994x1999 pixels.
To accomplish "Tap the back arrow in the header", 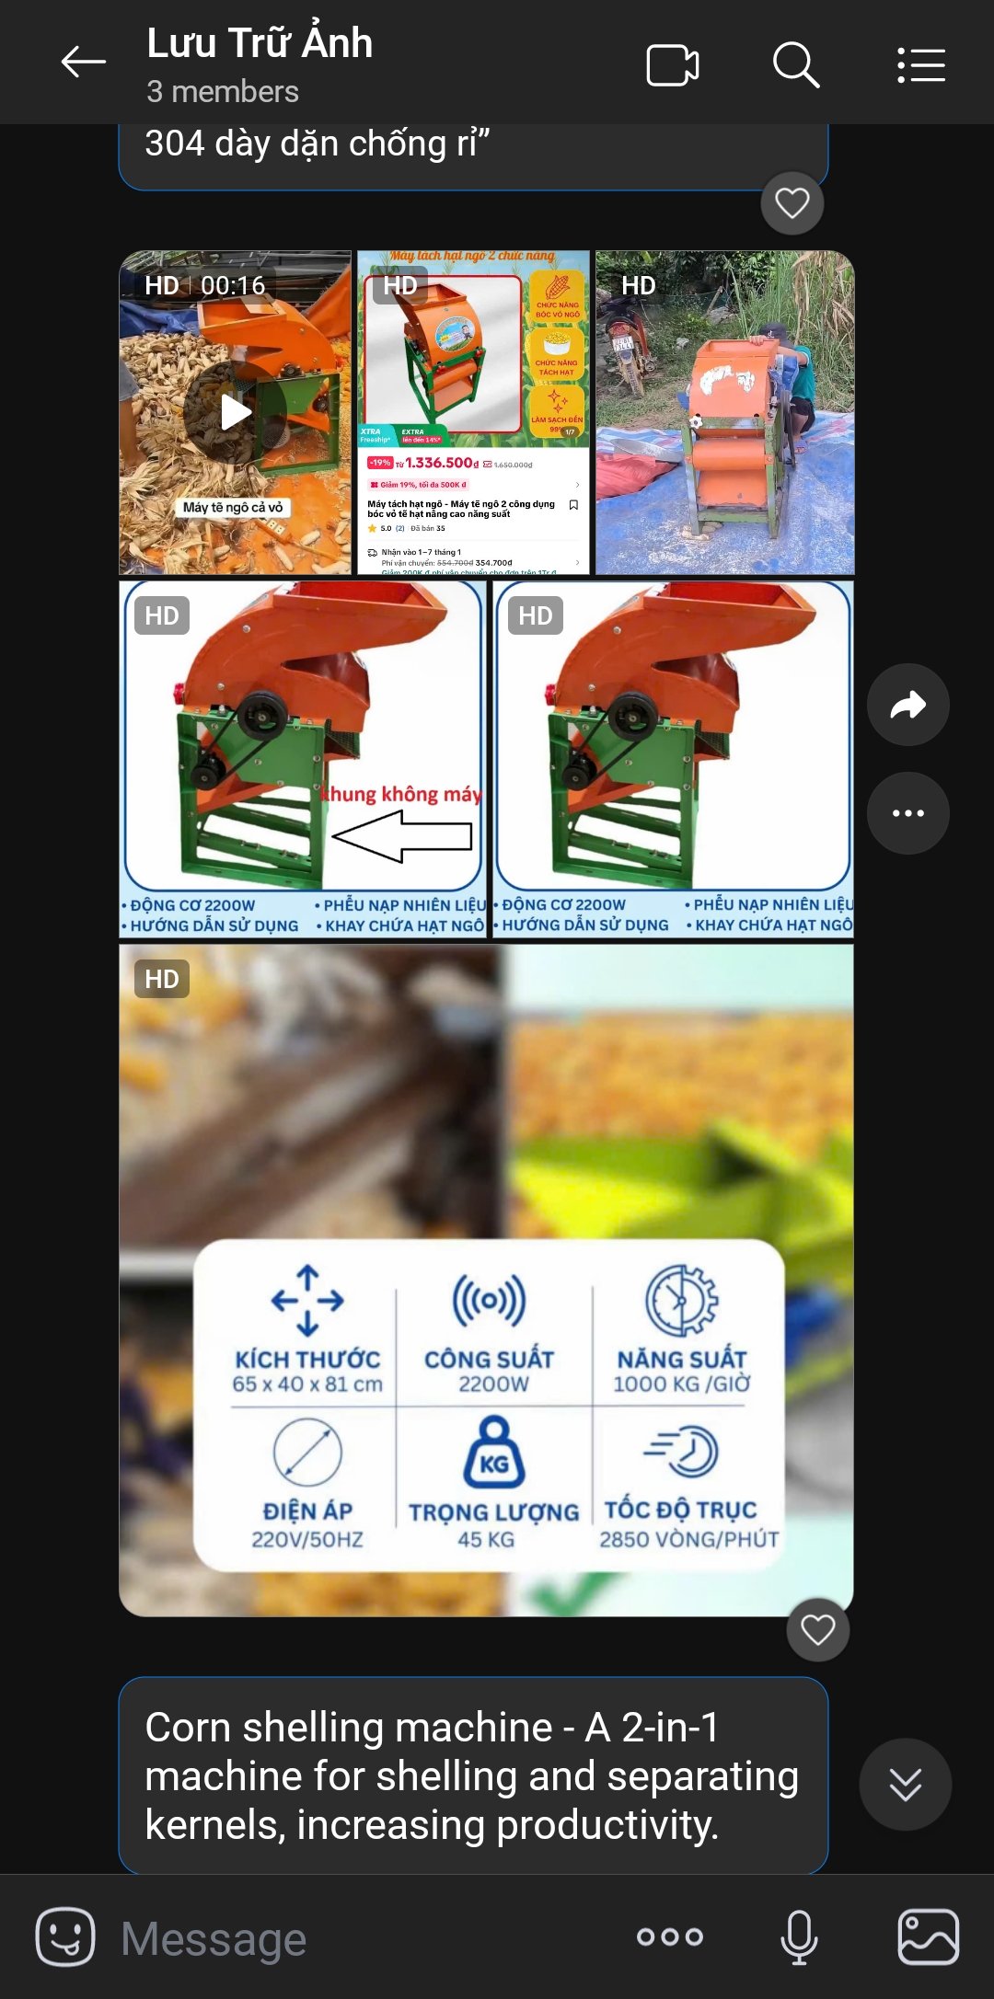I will [83, 63].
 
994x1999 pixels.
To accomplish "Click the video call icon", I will [672, 65].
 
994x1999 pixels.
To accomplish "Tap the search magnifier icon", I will [796, 64].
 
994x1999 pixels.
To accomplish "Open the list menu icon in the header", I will [921, 65].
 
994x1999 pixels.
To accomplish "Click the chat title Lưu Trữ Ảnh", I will [260, 43].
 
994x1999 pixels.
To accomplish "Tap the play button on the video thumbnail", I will [235, 412].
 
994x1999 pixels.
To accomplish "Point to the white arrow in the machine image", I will [402, 836].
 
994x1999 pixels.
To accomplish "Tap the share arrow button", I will [907, 705].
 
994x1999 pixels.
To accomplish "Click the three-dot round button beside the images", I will [907, 813].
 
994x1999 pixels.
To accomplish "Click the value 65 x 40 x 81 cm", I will [307, 1384].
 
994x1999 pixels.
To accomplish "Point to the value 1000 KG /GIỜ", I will [682, 1384].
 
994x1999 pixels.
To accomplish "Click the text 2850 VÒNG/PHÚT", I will [689, 1540].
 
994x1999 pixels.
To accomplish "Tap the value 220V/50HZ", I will [307, 1540].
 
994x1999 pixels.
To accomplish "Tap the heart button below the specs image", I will [817, 1630].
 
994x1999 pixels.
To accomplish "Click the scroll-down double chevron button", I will [905, 1785].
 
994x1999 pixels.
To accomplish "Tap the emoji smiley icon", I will [65, 1936].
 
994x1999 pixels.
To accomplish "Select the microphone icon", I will [799, 1936].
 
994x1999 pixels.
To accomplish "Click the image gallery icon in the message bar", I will [928, 1936].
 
